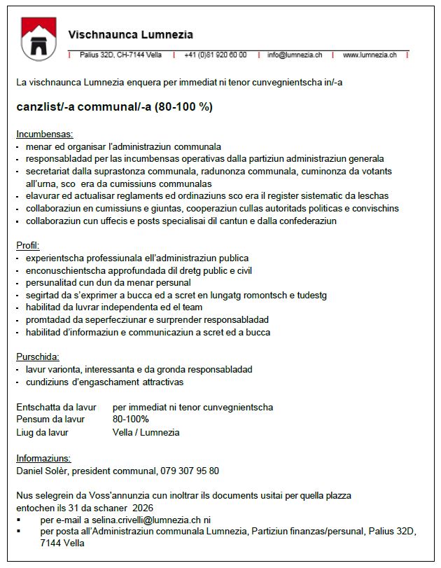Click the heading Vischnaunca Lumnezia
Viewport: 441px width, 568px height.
point(131,34)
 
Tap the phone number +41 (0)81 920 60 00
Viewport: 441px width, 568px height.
point(215,55)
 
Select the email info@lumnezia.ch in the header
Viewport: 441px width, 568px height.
point(295,55)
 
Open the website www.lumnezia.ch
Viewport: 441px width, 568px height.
point(370,55)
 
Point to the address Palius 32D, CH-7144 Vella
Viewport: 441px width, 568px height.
point(120,55)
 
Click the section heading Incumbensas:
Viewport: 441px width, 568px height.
point(44,133)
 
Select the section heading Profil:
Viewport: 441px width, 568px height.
point(28,245)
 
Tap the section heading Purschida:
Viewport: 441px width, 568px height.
point(38,356)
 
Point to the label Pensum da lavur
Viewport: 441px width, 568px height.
point(50,420)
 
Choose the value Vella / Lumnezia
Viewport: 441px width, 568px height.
point(146,432)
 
